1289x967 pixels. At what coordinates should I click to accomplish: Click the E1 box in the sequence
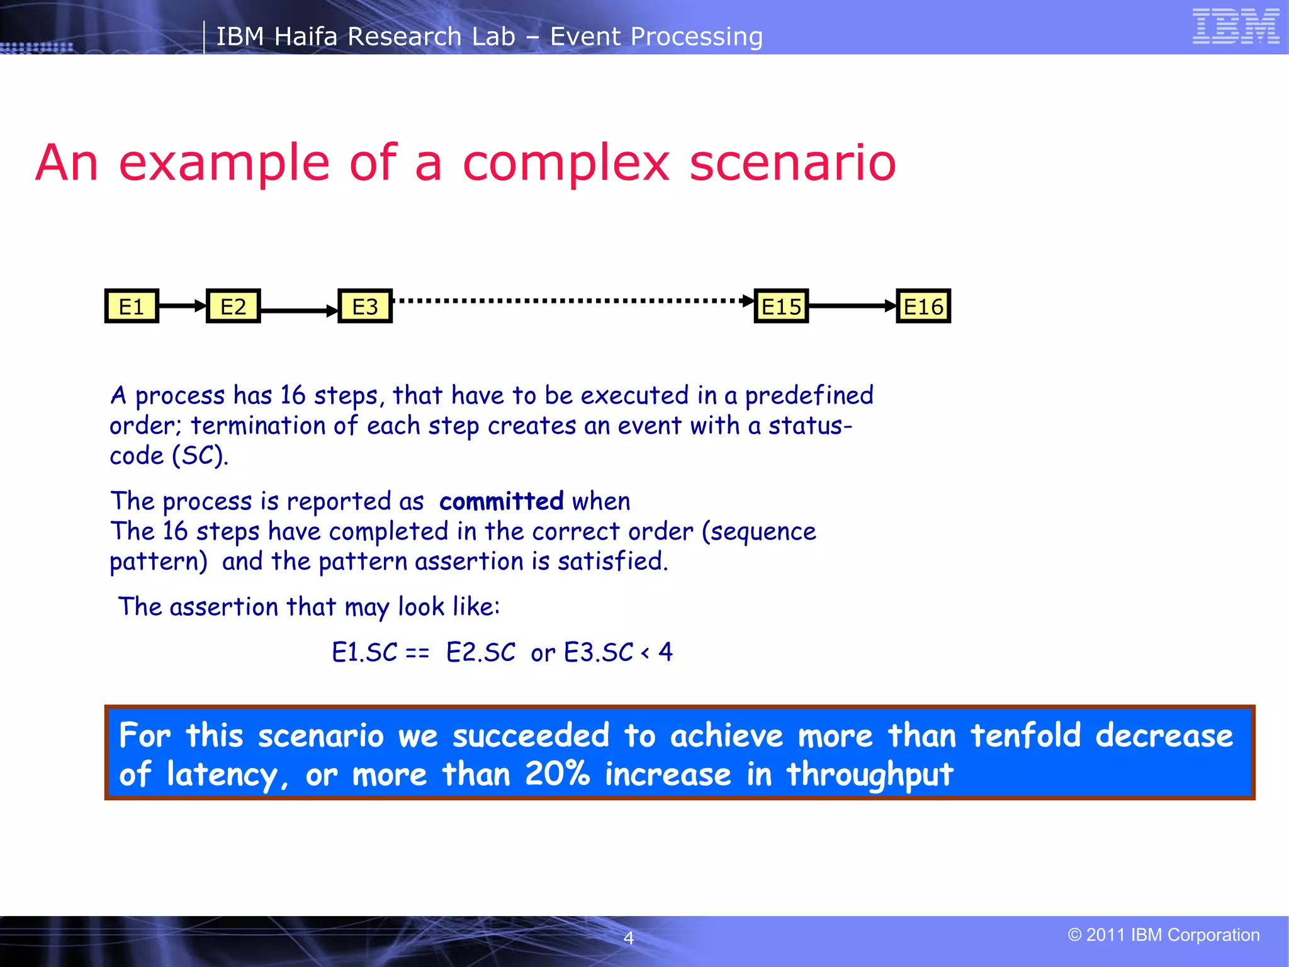coord(132,307)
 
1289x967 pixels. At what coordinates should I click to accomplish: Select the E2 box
coord(233,307)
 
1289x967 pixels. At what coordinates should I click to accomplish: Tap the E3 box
coord(365,307)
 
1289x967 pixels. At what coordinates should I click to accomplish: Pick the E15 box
coord(781,307)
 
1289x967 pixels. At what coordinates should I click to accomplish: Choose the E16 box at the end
coord(923,307)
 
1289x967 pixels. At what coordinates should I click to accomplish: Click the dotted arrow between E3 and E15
coord(573,301)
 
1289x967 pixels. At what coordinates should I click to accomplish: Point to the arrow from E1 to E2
coord(183,306)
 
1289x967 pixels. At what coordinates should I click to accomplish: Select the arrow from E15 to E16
coord(852,306)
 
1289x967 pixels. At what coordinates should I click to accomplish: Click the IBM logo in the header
coord(1236,26)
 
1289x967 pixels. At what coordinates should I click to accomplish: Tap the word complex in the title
coord(566,163)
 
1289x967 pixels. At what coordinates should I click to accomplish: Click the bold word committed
coord(501,501)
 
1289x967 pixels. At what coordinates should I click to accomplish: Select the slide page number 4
coord(628,938)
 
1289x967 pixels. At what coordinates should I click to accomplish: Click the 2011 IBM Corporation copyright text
coord(1164,935)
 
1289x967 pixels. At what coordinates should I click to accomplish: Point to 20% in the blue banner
coord(557,774)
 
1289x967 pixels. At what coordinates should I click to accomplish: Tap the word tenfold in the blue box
coord(1025,735)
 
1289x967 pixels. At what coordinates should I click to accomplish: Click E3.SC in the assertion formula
coord(598,652)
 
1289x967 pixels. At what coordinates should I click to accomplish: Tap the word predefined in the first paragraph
coord(809,395)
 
